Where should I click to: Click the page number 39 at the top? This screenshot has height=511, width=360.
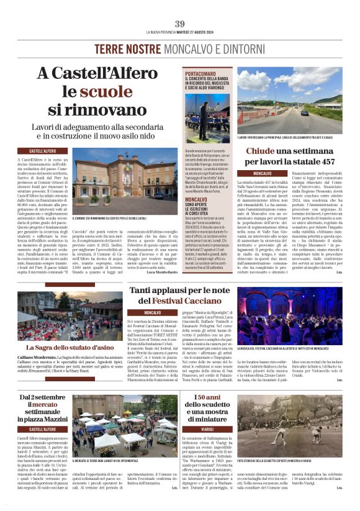[180, 24]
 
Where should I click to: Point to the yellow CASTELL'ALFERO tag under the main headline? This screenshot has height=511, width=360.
[43, 151]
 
